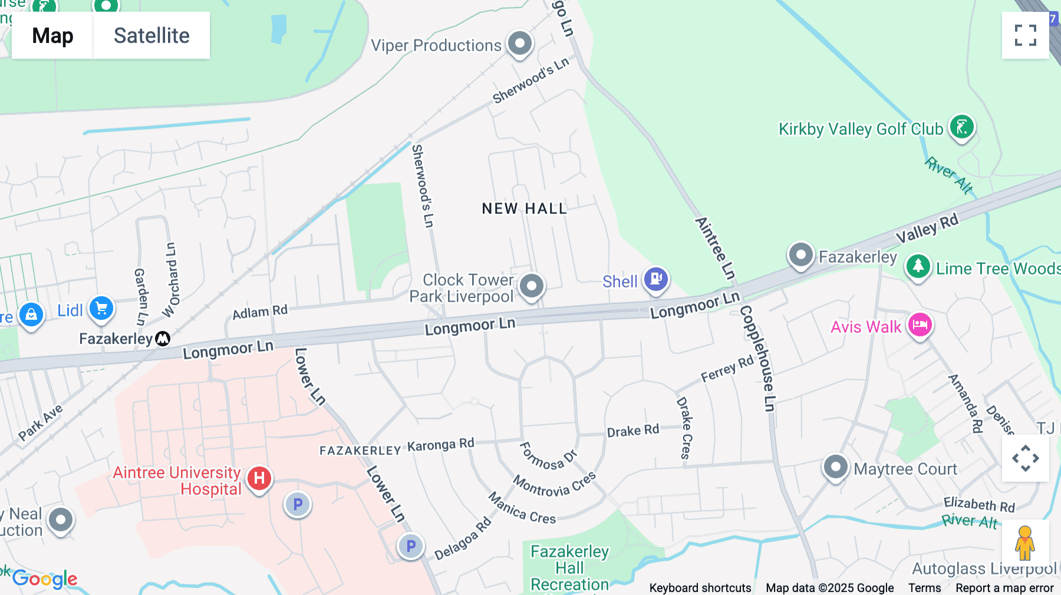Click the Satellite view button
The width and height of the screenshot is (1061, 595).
point(151,35)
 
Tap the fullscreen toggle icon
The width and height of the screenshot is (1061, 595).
point(1025,35)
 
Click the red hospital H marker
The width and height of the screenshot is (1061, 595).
point(259,478)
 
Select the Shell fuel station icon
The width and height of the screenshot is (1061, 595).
point(656,279)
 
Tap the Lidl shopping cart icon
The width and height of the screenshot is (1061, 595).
point(101,308)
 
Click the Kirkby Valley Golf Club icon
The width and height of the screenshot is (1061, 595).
point(961,127)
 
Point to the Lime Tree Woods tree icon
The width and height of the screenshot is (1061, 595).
point(918,267)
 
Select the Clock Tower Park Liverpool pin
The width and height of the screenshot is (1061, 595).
point(532,286)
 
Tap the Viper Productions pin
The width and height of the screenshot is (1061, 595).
point(520,44)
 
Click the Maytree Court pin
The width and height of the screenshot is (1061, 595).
point(835,467)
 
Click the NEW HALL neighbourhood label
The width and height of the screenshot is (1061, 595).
point(524,209)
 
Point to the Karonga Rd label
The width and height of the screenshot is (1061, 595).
point(440,445)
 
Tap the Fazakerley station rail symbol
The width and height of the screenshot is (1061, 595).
point(163,339)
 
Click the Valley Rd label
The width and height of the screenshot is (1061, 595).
point(927,229)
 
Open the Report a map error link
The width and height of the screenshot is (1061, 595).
point(1004,588)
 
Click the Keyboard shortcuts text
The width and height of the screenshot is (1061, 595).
point(700,588)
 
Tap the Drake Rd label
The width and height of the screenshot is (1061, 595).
point(633,431)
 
